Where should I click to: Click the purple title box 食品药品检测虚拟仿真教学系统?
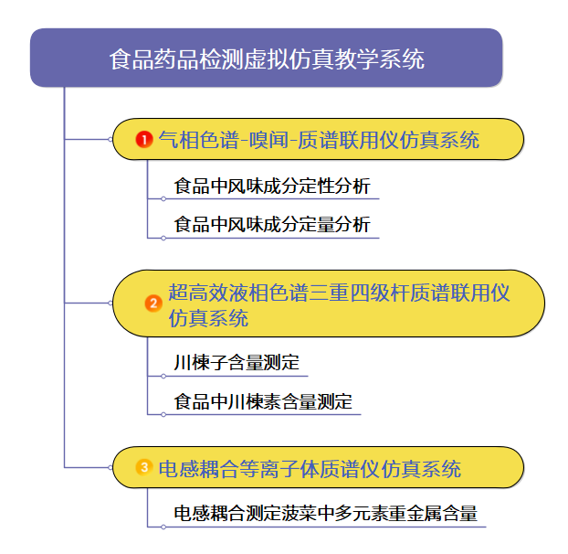point(266,59)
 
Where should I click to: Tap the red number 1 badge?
point(143,140)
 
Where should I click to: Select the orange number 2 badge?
point(153,303)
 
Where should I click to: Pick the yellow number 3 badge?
point(143,468)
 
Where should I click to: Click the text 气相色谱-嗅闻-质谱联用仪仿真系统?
point(319,140)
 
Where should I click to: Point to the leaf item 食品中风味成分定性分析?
point(272,186)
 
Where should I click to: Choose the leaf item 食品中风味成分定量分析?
point(272,224)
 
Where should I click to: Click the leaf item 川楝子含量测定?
point(237,363)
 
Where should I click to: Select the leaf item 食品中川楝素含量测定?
point(263,401)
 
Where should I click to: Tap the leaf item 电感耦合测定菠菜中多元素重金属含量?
point(325,513)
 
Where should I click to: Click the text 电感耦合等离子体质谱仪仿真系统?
point(310,469)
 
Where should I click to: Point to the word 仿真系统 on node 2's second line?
point(208,318)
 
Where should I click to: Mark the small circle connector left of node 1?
point(110,140)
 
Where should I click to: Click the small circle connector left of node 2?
point(110,303)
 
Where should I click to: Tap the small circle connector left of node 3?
point(110,468)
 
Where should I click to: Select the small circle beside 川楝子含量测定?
point(163,376)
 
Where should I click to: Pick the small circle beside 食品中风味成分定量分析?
point(163,238)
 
